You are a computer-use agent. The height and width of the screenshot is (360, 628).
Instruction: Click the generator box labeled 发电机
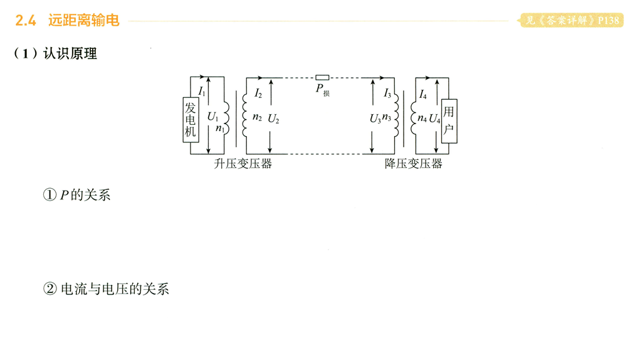191,120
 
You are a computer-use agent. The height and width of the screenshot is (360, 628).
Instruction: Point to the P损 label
322,90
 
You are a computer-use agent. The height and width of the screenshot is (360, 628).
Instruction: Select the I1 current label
201,92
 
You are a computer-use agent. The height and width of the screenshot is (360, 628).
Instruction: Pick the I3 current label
387,94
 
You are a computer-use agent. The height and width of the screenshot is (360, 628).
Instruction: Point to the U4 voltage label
434,118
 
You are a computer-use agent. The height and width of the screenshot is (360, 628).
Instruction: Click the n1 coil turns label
219,129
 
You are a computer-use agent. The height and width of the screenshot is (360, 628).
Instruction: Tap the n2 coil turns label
257,117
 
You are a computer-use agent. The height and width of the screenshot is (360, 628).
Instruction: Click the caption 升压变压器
243,164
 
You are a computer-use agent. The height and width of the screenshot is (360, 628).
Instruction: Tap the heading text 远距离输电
83,21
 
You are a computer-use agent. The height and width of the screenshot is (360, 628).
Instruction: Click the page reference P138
609,21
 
